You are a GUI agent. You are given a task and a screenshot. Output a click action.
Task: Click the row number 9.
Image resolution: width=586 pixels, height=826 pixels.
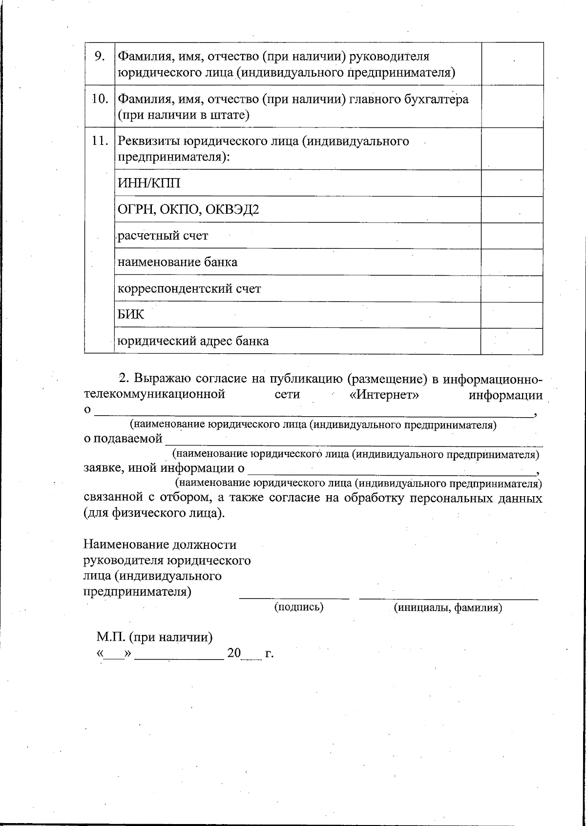100,57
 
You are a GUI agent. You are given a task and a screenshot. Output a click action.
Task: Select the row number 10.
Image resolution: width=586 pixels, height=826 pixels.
100,99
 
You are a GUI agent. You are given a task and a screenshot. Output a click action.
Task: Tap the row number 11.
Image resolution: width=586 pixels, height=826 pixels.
100,141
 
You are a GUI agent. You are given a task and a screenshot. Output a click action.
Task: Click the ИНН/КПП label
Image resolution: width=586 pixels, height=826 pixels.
149,183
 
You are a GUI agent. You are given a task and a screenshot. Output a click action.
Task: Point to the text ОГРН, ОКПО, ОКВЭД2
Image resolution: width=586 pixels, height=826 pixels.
188,210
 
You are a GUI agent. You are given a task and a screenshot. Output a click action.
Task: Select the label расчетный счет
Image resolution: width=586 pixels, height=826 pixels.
163,236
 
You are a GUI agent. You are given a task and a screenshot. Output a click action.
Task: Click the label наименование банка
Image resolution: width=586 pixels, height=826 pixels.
178,262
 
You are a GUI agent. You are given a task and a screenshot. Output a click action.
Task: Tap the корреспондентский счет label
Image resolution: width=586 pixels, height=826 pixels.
189,289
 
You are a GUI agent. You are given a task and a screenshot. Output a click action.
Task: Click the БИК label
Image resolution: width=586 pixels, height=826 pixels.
131,315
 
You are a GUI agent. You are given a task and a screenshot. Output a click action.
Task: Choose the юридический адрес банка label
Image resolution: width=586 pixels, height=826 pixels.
193,341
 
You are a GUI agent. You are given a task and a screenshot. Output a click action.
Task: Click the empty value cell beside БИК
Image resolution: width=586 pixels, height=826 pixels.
511,315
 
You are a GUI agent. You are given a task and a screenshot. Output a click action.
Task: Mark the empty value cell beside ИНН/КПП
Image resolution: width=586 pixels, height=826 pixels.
511,183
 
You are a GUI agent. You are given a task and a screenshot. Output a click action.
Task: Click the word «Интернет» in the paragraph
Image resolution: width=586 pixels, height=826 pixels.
385,394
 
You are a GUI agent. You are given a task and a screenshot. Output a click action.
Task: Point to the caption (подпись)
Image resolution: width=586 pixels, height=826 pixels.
299,607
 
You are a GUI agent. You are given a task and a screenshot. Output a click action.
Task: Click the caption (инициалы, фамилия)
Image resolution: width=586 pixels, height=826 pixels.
448,608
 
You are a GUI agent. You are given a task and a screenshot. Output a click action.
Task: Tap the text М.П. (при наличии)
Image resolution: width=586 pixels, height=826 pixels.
154,637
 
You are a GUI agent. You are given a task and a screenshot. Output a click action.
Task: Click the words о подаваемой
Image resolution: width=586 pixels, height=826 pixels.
123,439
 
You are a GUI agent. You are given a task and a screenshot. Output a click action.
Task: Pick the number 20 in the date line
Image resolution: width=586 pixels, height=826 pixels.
234,653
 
